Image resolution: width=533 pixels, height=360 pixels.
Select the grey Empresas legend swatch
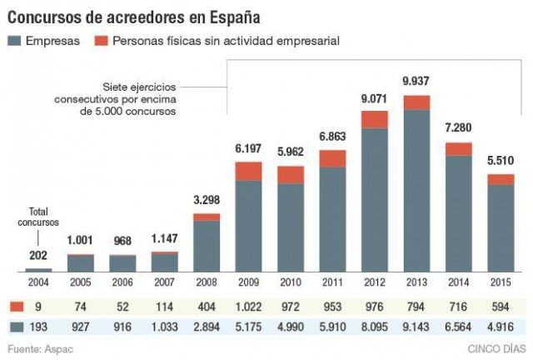click(x=14, y=40)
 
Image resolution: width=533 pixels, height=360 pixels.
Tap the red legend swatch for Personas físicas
click(x=102, y=40)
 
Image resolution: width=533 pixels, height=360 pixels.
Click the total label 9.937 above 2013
click(x=416, y=82)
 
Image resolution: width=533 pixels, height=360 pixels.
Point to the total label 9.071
click(x=375, y=98)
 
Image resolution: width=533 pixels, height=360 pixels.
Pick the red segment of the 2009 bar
click(x=249, y=171)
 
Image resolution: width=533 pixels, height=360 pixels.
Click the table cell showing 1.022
click(x=249, y=306)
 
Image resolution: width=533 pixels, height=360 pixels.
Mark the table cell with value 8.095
click(x=375, y=327)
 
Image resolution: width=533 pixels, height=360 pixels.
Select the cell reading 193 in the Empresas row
click(x=38, y=327)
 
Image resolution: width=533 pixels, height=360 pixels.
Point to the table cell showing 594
click(x=501, y=306)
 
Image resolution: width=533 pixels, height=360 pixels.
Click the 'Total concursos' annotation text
click(x=38, y=217)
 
